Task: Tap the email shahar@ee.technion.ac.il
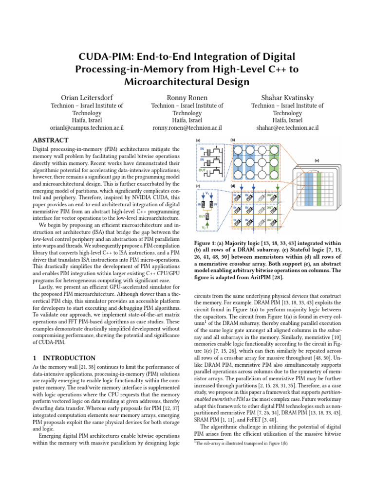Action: [x=287, y=128]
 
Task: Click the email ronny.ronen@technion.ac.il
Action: [x=187, y=128]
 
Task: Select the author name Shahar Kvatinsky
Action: [x=287, y=97]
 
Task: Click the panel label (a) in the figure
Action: [x=198, y=141]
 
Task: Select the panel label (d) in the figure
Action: [x=232, y=186]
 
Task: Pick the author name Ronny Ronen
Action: [x=187, y=97]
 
